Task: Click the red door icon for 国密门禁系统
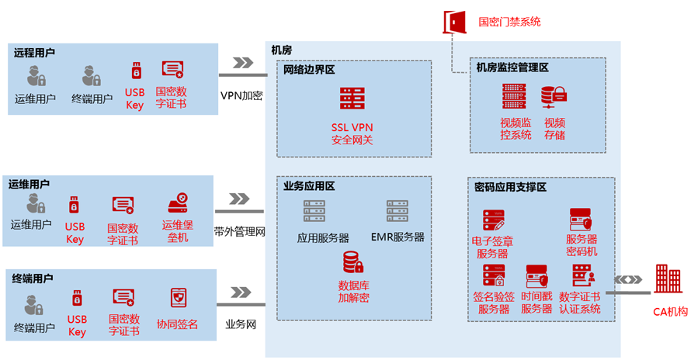[453, 21]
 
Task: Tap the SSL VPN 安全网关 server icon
[352, 99]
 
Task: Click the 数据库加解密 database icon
[352, 262]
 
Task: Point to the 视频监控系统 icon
[514, 96]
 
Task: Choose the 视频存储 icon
[554, 96]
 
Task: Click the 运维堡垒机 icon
[178, 204]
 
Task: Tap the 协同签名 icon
[178, 298]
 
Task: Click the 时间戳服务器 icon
[536, 277]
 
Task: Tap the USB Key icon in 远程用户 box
[136, 71]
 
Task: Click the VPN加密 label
[241, 95]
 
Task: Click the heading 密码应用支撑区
[510, 187]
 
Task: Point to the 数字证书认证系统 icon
[582, 275]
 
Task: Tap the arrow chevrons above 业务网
[241, 292]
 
